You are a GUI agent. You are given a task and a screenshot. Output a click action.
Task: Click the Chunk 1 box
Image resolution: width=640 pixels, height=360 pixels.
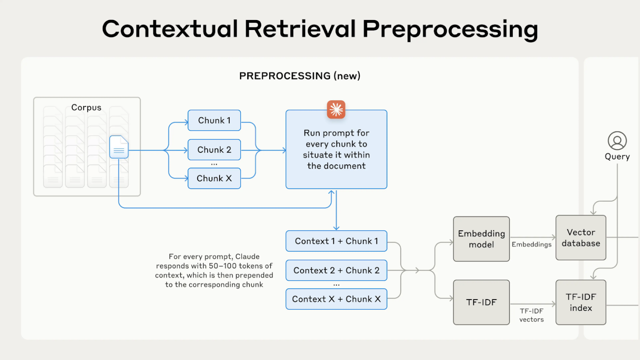[x=214, y=120]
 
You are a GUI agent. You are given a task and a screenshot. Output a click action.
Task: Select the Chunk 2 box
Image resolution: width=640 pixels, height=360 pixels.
[x=214, y=150]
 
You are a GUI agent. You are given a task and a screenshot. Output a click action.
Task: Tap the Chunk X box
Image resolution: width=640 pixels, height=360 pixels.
[x=214, y=178]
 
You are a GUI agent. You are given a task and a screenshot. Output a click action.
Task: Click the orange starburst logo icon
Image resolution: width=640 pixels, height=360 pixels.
[x=336, y=110]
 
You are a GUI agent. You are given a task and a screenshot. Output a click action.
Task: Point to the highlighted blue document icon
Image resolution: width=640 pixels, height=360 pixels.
[x=119, y=147]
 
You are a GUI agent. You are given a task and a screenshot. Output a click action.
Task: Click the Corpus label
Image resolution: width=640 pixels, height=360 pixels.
[x=86, y=107]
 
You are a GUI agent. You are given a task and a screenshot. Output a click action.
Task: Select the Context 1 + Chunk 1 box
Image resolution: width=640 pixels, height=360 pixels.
[x=336, y=241]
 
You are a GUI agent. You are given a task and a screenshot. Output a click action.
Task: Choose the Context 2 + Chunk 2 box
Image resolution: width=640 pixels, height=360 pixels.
[x=336, y=270]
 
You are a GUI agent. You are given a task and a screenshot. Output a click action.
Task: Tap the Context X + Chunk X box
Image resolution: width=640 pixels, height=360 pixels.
[x=336, y=299]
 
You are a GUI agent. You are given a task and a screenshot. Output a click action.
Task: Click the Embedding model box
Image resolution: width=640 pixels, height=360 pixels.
[x=481, y=239]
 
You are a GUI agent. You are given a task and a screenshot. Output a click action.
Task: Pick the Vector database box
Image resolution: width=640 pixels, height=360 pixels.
[x=581, y=238]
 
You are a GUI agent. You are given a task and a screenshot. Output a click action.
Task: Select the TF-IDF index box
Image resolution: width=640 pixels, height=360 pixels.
[x=581, y=302]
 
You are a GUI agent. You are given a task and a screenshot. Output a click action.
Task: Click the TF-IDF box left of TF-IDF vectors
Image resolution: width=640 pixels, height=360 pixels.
[x=481, y=302]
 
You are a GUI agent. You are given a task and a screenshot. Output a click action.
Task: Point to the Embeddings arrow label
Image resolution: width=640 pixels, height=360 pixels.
[x=532, y=245]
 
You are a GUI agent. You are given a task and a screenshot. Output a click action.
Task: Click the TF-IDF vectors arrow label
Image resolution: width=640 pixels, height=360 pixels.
[x=532, y=315]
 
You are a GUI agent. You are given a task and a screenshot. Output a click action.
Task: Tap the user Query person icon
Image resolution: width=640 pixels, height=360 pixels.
[x=617, y=141]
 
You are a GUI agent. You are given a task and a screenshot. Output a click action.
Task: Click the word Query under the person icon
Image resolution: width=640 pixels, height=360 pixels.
[x=617, y=157]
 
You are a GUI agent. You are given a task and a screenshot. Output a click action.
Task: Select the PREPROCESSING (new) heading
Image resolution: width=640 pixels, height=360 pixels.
[x=300, y=76]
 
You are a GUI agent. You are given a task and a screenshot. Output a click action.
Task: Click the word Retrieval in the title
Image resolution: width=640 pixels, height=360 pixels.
[x=300, y=29]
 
